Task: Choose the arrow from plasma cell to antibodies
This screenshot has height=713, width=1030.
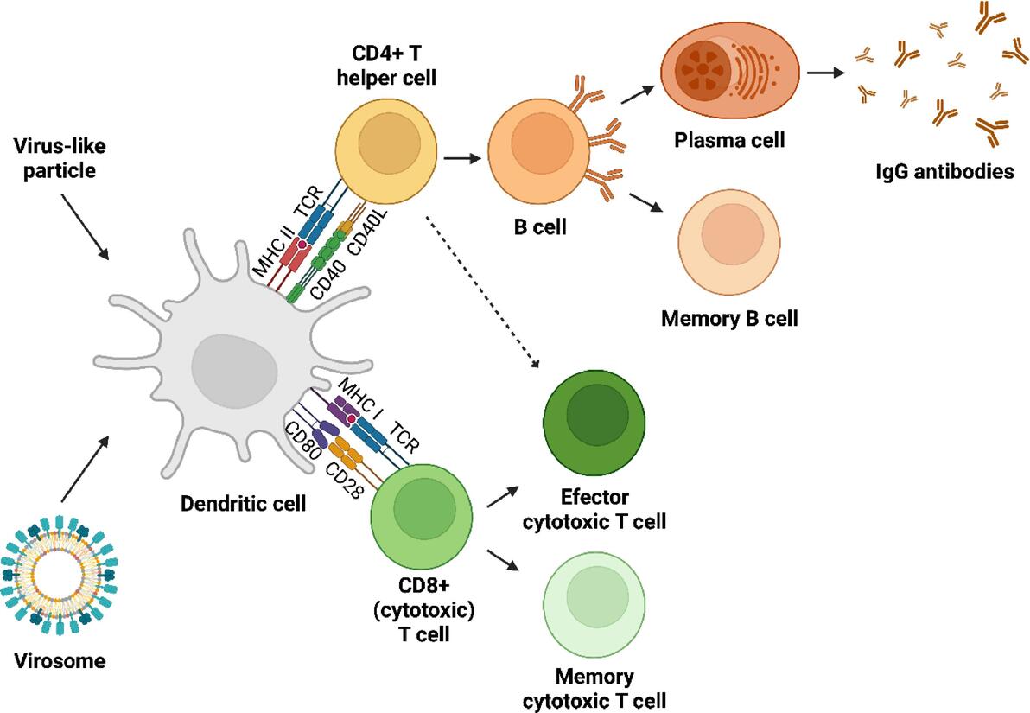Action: click(824, 73)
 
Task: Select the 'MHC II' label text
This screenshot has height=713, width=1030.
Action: click(270, 250)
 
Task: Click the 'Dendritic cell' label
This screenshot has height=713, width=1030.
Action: click(243, 502)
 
